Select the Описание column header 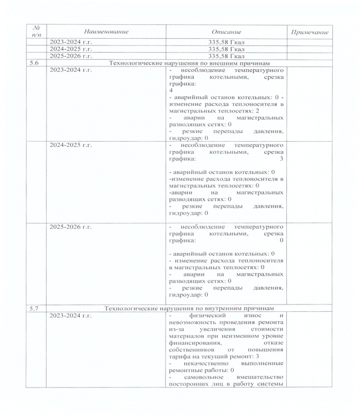point(226,32)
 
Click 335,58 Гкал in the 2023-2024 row point(226,42)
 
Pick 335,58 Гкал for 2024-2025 point(226,49)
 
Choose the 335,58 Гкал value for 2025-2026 point(226,56)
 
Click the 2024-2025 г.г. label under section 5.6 point(70,145)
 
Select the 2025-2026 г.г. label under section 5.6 point(70,227)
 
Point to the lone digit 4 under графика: point(171,91)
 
